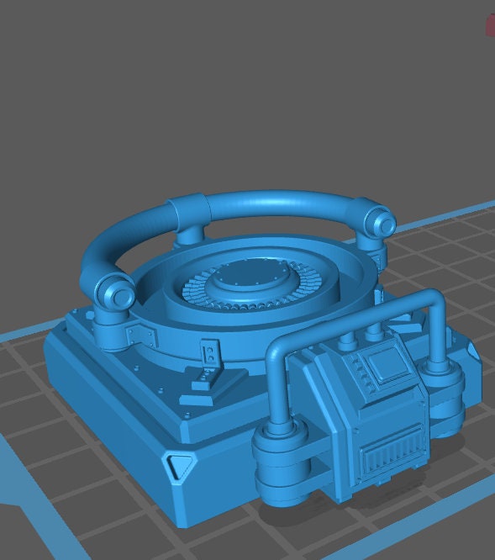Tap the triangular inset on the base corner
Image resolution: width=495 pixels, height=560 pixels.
(179, 468)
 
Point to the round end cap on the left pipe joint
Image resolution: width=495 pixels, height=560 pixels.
(121, 296)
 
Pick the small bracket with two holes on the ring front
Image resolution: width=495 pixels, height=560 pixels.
(208, 355)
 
